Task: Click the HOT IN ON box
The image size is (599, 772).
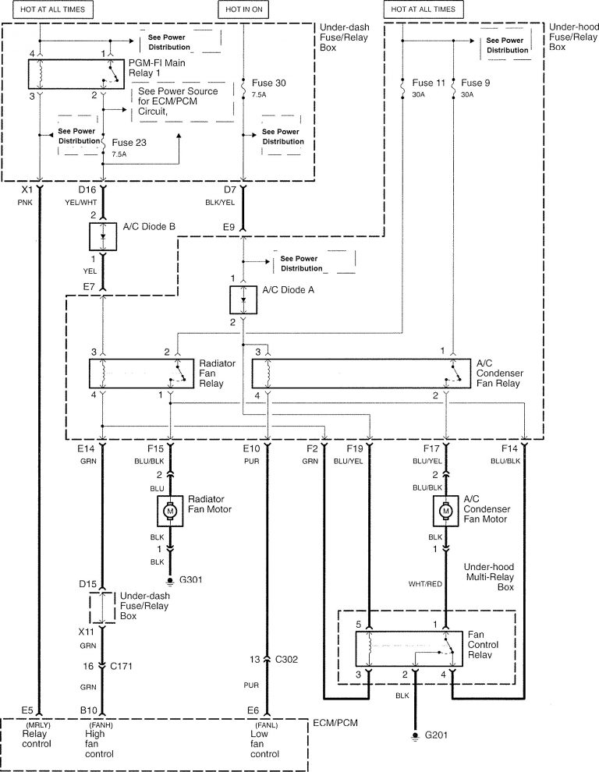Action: pos(246,9)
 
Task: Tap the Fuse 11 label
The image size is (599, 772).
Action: pos(429,82)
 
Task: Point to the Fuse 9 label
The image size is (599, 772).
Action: pos(477,82)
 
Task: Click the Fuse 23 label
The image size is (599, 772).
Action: pos(129,143)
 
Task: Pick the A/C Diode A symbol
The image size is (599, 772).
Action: pos(244,299)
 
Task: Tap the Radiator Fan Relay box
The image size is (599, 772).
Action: pos(141,373)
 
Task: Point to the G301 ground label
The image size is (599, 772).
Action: pos(190,581)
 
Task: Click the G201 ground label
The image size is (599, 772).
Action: pos(436,735)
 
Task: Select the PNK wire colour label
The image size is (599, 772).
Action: pos(28,201)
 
